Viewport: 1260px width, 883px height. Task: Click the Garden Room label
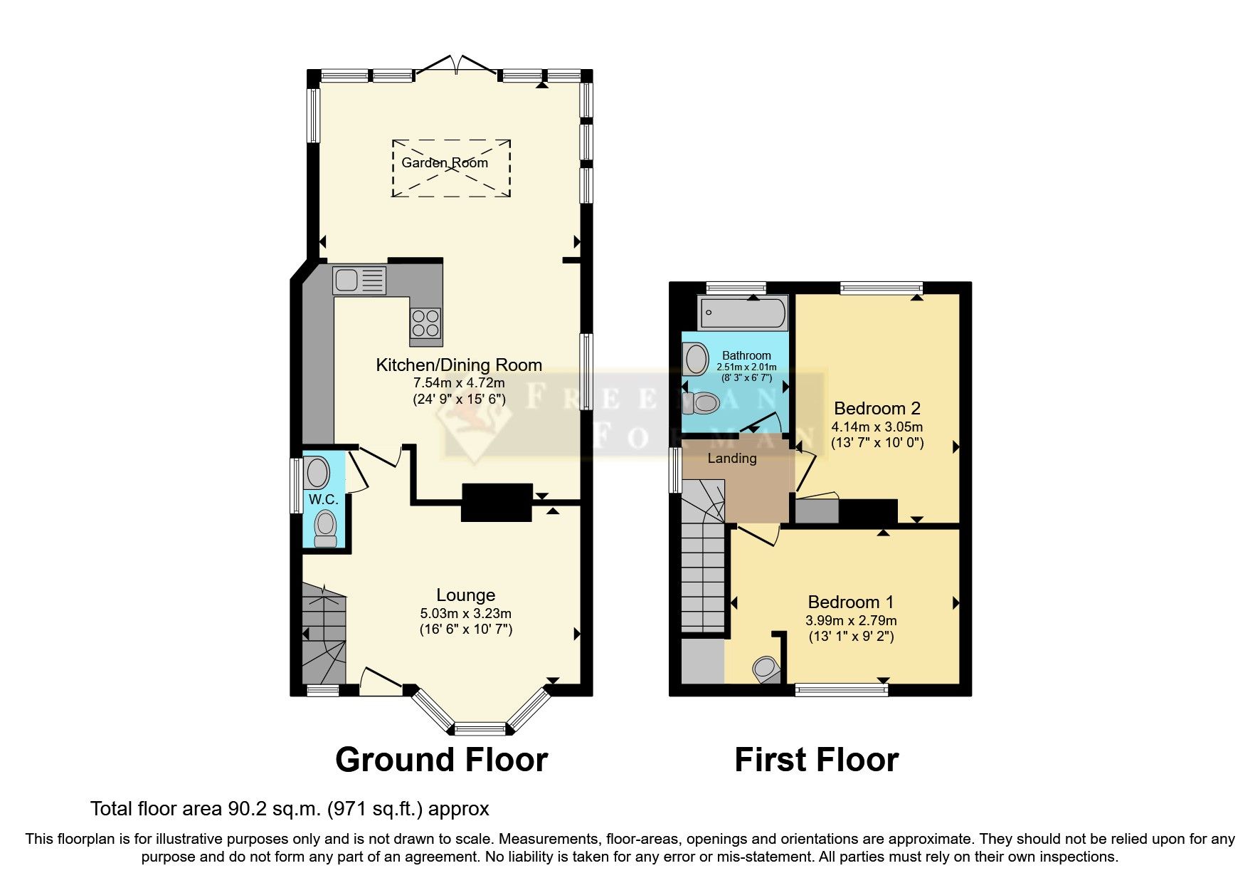coord(445,162)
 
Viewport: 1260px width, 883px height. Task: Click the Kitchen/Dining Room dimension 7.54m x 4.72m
coord(459,383)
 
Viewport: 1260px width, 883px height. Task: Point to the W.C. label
coord(323,500)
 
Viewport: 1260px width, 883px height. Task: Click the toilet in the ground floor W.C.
coord(326,528)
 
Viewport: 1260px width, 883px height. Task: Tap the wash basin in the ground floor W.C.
coord(317,473)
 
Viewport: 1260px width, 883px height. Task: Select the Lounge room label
coord(465,595)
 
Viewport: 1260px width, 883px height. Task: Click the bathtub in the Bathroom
coord(743,312)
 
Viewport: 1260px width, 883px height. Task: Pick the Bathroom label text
coord(746,355)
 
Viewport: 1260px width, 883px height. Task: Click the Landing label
coord(731,459)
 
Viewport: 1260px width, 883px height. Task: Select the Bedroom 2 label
coord(877,409)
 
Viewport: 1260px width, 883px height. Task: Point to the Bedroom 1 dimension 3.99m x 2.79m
coord(851,621)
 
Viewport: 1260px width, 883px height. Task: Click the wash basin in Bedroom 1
coord(766,669)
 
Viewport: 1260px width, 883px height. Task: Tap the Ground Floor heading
coord(441,760)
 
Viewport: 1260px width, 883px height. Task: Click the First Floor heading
coord(816,760)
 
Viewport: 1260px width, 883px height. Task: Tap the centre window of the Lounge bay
coord(480,728)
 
